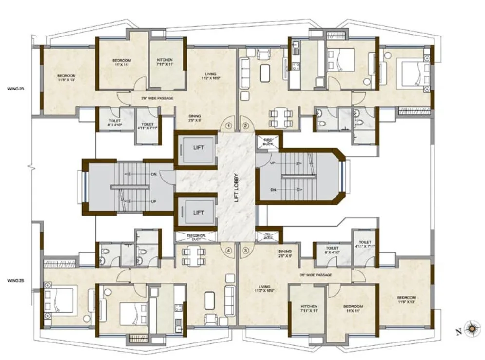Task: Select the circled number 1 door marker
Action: [228, 126]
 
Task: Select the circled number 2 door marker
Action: [245, 126]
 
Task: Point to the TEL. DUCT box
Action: [267, 236]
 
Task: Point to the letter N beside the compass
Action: [458, 333]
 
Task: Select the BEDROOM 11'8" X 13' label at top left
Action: [67, 78]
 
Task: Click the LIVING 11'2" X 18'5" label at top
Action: [212, 76]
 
